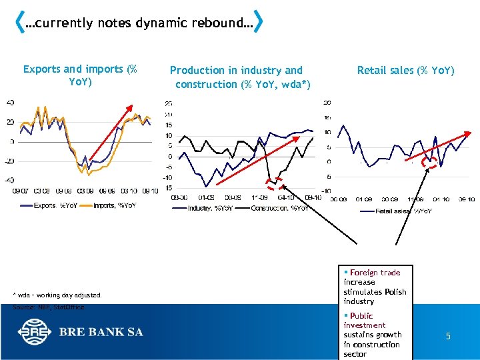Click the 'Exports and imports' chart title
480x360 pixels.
[80, 75]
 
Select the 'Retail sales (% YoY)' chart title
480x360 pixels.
[405, 70]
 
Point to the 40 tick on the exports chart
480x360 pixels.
[10, 103]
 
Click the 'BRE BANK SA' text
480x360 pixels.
[101, 332]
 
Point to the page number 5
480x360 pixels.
[448, 337]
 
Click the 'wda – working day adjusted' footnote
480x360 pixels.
[57, 295]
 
